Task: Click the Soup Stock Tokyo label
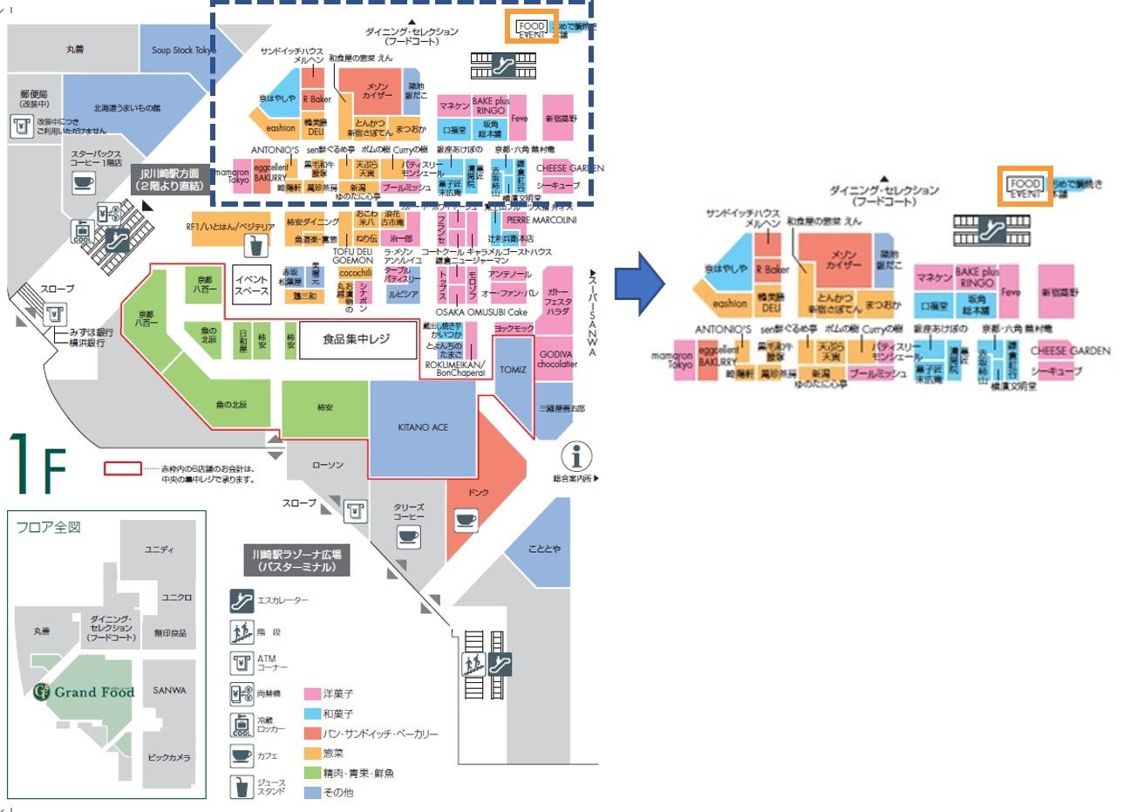183,50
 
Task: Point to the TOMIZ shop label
513,370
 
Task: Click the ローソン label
328,465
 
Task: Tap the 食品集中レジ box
357,338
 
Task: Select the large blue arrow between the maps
640,284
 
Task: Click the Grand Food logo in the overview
85,693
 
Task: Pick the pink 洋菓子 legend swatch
310,694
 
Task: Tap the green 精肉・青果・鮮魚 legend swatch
310,773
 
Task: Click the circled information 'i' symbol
576,455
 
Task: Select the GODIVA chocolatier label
558,358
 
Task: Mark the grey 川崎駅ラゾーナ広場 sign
296,560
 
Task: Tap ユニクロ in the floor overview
177,597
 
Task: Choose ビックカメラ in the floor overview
171,757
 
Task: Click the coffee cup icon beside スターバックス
83,182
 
